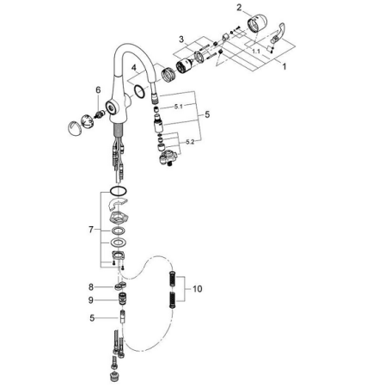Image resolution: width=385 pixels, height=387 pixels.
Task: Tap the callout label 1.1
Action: tap(254, 52)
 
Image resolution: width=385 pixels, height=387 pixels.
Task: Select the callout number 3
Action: tap(181, 40)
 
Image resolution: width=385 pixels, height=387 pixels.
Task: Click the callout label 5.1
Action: tap(178, 107)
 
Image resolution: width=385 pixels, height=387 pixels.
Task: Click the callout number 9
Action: tap(89, 300)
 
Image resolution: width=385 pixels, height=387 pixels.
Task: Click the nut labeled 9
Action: tap(121, 301)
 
